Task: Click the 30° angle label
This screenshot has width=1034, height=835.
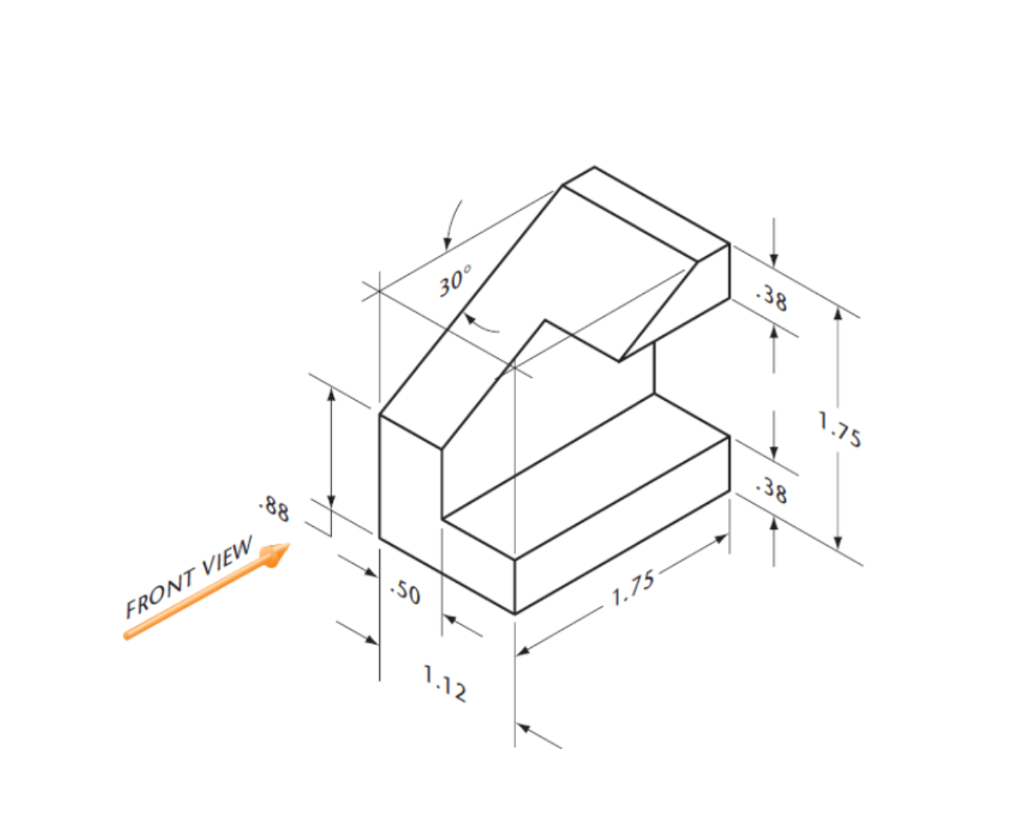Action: coord(454,280)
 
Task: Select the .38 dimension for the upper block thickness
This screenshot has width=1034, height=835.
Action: coord(772,299)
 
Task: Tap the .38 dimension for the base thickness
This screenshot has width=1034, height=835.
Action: coord(772,490)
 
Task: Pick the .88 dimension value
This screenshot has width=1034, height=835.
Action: coord(274,509)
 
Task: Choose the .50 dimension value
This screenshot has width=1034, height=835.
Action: coord(406,592)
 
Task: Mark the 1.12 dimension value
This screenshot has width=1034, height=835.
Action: coord(444,683)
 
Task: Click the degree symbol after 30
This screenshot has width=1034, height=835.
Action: coord(468,269)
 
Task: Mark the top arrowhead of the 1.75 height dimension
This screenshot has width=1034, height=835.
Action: coord(838,314)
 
